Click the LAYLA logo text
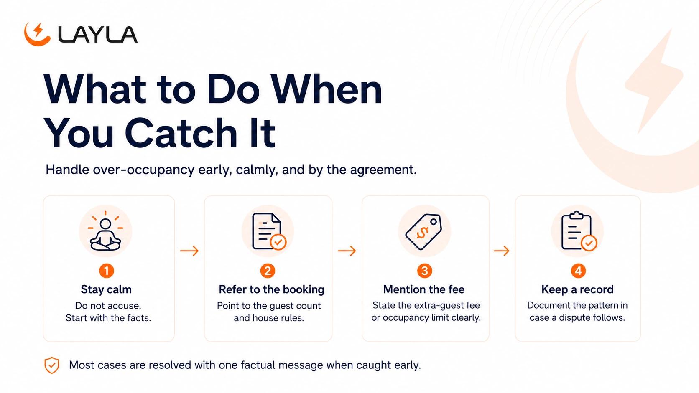98,34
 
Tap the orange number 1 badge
107,271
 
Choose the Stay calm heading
106,289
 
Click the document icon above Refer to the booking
269,231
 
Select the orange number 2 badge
268,271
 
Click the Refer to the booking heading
271,289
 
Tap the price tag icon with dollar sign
424,231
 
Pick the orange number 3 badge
425,271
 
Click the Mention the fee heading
424,289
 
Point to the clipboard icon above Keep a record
579,231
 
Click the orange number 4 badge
578,271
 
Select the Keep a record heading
577,289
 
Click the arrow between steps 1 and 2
189,251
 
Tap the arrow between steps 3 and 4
502,251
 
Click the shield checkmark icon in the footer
52,365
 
